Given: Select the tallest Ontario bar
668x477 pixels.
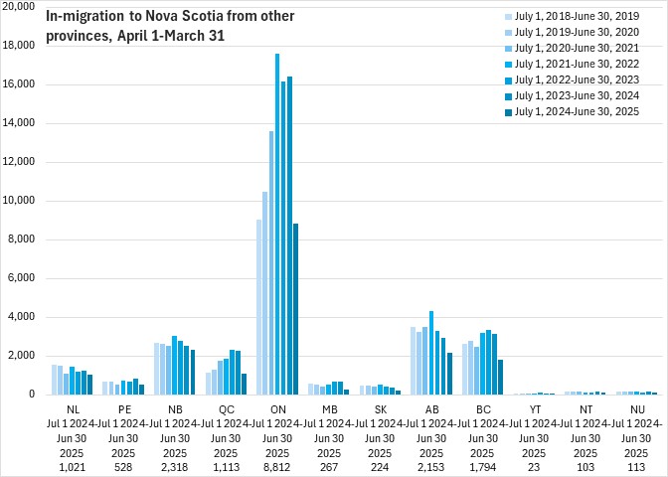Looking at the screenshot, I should [x=277, y=224].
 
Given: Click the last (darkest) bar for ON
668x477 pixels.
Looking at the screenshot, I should [x=296, y=309].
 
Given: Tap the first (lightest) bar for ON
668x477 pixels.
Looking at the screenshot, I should [x=258, y=306].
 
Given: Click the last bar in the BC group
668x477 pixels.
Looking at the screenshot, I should [x=500, y=377].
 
